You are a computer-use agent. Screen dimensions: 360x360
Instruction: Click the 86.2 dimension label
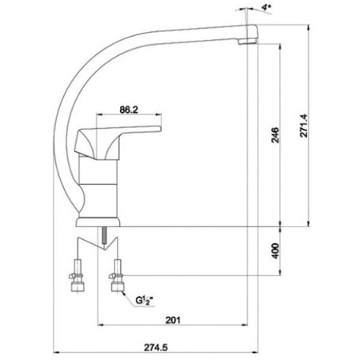tap(129, 110)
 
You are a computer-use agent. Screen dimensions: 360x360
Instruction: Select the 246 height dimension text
tap(275, 135)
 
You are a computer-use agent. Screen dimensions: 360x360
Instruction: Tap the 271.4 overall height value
tap(304, 126)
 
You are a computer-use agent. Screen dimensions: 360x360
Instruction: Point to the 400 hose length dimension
tap(275, 250)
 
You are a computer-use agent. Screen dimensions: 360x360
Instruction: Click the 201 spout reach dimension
tap(173, 320)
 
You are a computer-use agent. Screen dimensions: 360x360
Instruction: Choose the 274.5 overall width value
tap(156, 347)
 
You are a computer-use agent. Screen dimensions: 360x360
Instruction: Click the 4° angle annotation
tap(266, 7)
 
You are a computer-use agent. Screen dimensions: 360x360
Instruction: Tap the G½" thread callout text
tap(146, 301)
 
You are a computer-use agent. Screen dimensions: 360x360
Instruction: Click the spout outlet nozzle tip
tap(247, 41)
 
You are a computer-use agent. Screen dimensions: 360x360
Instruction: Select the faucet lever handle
tap(118, 142)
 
